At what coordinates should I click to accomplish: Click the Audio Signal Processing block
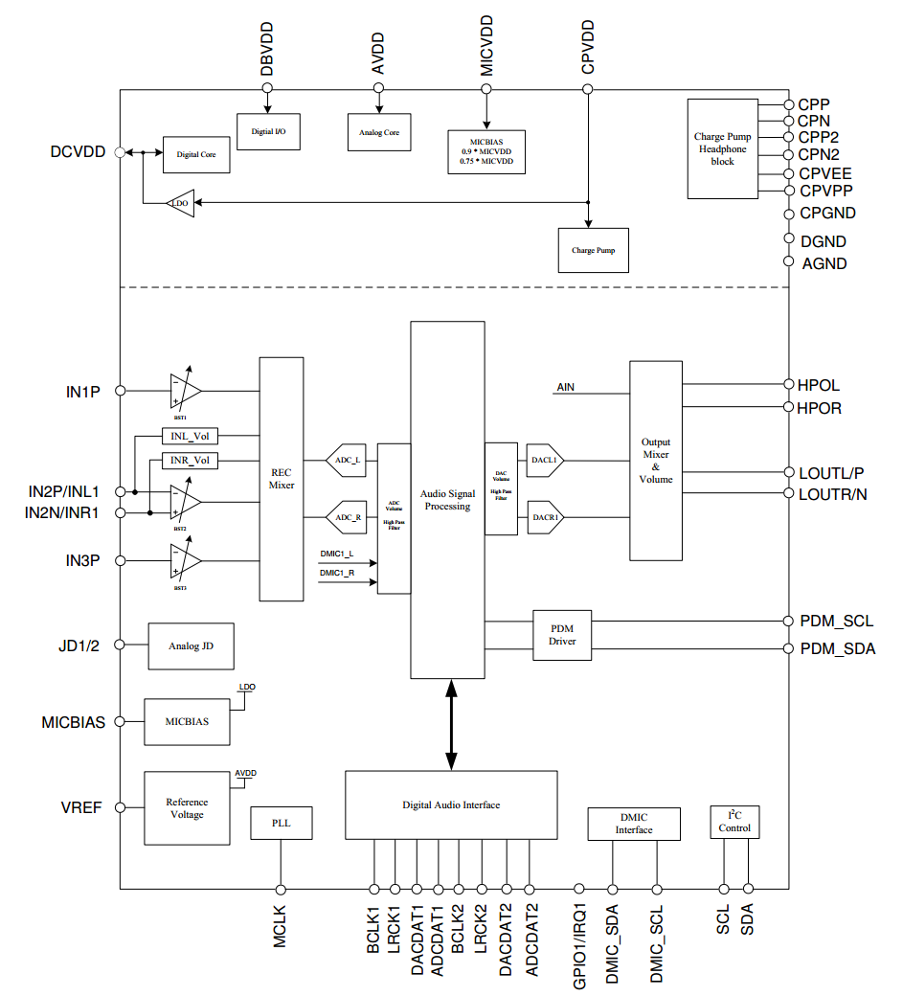tap(447, 499)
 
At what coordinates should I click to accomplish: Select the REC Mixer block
tap(282, 479)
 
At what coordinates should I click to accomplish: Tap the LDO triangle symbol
tap(180, 203)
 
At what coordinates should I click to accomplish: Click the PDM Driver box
tap(562, 634)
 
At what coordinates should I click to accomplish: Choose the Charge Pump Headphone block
tap(722, 148)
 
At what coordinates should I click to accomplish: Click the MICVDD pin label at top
tap(486, 46)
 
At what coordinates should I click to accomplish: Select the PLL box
tap(281, 823)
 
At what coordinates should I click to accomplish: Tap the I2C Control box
tap(734, 822)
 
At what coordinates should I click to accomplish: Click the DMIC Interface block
tap(634, 824)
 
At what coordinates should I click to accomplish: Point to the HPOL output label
tap(818, 386)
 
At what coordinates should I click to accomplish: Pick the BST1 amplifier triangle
tap(185, 391)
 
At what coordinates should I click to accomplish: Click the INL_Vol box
tap(190, 437)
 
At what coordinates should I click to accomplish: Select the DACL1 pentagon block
tap(544, 461)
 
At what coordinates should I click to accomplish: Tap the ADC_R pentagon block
tap(347, 518)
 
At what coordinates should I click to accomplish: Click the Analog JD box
tap(191, 646)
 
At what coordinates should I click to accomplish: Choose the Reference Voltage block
tap(187, 808)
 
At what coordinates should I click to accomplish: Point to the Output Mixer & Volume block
tap(656, 461)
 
